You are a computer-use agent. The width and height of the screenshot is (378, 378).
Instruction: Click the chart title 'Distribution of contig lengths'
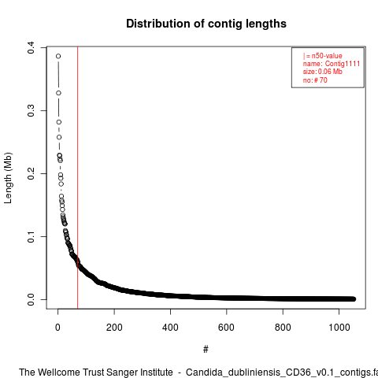[206, 24]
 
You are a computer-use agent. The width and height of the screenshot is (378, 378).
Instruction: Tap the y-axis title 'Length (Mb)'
[8, 178]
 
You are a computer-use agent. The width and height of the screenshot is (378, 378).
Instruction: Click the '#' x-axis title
[206, 349]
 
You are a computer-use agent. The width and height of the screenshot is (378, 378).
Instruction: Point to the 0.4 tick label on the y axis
[31, 47]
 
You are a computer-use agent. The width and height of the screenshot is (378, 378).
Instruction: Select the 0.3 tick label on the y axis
[31, 110]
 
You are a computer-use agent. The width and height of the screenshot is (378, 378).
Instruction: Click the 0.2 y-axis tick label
[31, 173]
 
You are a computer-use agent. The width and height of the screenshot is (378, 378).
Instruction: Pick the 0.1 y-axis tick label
[31, 236]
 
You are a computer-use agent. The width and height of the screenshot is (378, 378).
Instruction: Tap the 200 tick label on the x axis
[114, 328]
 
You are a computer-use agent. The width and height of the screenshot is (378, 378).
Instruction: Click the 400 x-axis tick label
[170, 328]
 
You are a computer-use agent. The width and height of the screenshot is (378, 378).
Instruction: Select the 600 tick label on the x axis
[226, 328]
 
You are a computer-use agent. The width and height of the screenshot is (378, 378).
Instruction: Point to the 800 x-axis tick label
[283, 328]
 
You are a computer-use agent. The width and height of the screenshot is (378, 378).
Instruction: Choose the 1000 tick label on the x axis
[339, 328]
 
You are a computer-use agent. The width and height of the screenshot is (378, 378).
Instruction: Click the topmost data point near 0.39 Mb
[58, 56]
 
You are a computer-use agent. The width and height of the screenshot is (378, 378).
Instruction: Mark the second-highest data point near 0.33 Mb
[58, 93]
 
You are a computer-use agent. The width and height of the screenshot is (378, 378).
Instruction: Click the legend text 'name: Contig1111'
[332, 64]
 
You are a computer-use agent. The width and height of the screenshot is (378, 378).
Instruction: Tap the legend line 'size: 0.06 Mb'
[323, 72]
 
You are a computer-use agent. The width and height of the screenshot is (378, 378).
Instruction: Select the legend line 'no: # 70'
[315, 80]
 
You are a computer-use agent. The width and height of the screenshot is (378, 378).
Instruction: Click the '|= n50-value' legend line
[323, 56]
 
